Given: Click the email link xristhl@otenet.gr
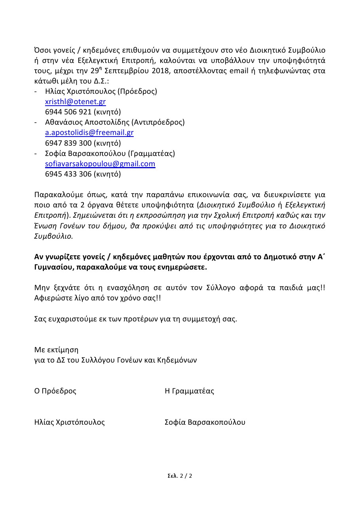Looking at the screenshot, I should pos(75,102).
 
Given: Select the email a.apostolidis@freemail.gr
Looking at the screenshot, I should pos(89,133).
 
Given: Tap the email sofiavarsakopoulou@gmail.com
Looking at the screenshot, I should pos(100,163).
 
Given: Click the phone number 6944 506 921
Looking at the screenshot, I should pos(68,112).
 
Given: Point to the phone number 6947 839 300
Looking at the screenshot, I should pos(68,143).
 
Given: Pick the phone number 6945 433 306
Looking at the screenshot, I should pos(68,174).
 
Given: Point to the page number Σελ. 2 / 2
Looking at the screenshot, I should pos(180,476).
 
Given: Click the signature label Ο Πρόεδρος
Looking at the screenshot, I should pos(55,391).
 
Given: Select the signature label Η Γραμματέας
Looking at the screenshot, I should pos(189,391).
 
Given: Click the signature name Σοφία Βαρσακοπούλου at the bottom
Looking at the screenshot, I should pos(205,422).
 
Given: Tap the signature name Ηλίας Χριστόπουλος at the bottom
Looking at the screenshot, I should pos(70,422).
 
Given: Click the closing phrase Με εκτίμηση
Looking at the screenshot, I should pos(56,350).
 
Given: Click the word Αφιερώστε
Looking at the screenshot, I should pos(51,298).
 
